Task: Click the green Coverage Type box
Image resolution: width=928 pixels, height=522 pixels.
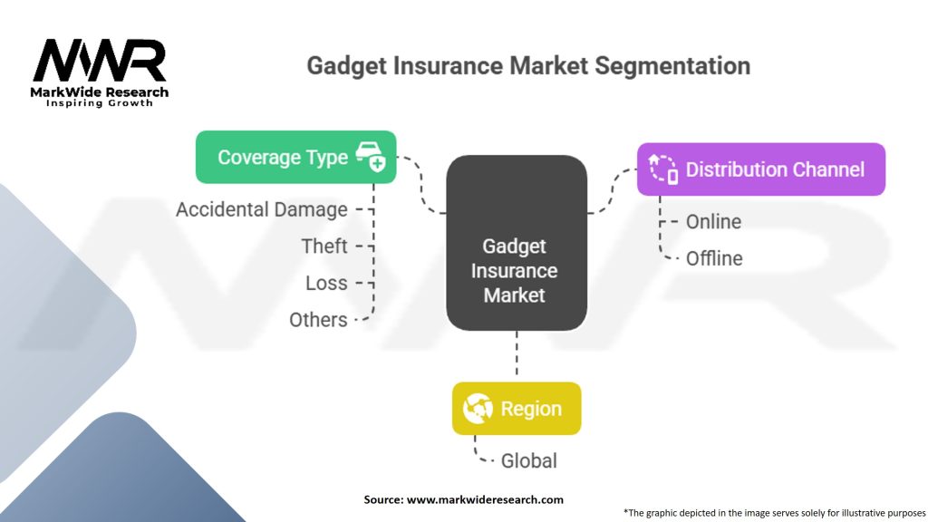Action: tap(296, 157)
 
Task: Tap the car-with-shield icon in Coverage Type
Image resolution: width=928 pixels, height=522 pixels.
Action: tap(371, 157)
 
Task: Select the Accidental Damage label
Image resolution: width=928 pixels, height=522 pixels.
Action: tap(262, 209)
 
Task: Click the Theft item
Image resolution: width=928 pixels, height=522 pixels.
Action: tap(324, 246)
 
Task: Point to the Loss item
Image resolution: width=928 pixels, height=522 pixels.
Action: tap(326, 283)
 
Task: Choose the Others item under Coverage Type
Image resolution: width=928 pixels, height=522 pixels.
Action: tap(318, 320)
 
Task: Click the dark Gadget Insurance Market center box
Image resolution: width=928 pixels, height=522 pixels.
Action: tap(517, 243)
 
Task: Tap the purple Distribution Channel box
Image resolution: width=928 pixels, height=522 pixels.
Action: tap(761, 169)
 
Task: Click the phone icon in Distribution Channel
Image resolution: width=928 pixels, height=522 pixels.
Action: tap(663, 169)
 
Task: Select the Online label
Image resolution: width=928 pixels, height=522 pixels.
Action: tap(713, 222)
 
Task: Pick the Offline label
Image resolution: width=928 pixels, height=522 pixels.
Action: tap(714, 258)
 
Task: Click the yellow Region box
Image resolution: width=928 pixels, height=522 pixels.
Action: tap(517, 409)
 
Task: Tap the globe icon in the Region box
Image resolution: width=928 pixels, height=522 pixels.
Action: tap(478, 409)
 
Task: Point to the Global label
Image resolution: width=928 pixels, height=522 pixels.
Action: tap(528, 460)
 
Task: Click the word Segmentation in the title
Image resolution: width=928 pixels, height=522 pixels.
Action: tap(672, 65)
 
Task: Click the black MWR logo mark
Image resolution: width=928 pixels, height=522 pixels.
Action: tap(100, 60)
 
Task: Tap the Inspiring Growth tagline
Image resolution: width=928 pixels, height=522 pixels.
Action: tap(100, 103)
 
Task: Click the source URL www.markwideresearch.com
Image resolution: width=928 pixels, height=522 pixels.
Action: tap(485, 499)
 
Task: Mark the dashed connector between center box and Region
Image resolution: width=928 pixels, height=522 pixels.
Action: tap(517, 353)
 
